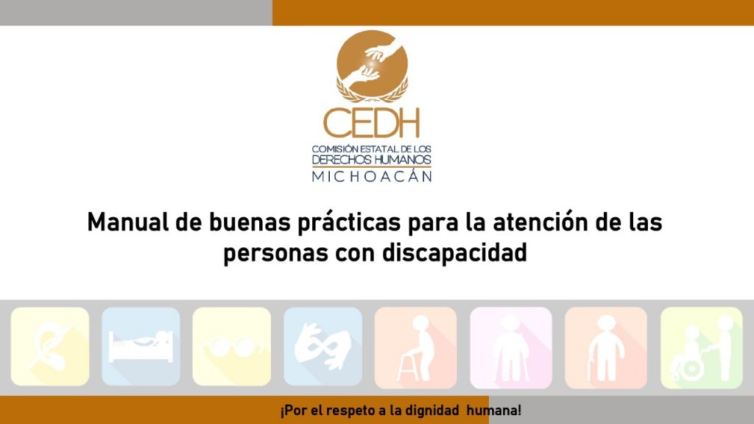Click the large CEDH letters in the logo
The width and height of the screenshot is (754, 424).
[371, 123]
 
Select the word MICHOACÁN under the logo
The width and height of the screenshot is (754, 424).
[372, 177]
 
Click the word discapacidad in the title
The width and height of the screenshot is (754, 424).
[454, 253]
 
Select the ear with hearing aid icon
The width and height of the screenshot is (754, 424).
[50, 346]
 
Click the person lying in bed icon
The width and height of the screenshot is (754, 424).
[141, 346]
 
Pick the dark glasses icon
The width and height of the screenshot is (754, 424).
[232, 346]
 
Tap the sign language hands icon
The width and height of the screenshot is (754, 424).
[323, 346]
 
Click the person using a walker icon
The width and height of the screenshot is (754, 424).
[415, 347]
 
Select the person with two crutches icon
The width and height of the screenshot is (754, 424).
[511, 347]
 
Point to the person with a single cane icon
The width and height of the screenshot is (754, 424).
[606, 347]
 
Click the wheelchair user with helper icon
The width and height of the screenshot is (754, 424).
[702, 347]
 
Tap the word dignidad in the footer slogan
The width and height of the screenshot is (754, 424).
[431, 411]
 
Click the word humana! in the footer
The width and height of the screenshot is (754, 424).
[494, 411]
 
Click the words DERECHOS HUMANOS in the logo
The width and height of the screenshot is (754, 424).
[372, 160]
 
